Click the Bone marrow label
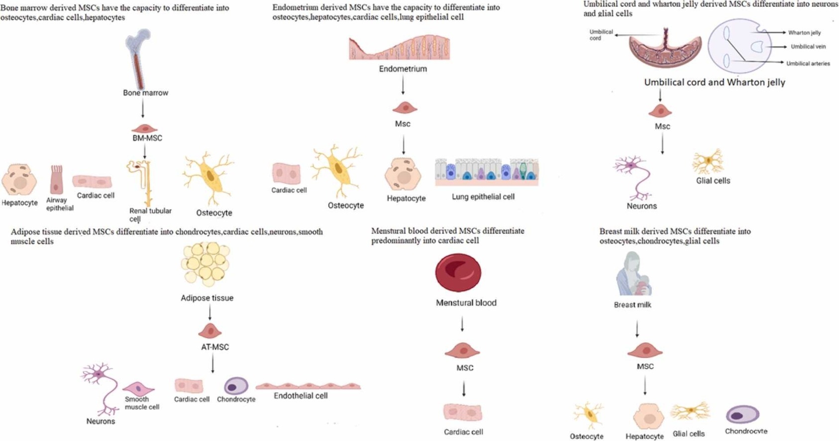[145, 93]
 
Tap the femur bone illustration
[137, 57]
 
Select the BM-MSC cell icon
[144, 128]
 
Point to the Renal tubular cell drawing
[141, 182]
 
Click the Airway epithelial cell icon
[56, 179]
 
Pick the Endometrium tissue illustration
[400, 48]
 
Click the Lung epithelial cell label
[483, 197]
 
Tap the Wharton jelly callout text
[804, 33]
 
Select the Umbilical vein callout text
[808, 47]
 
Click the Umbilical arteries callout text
[808, 64]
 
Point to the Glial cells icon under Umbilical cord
[708, 161]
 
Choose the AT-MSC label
[215, 347]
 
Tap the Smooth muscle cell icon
[138, 388]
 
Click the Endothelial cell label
[301, 396]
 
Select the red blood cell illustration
[458, 272]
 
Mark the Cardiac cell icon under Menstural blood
[463, 412]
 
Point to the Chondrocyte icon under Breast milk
[742, 414]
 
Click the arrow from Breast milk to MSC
[637, 329]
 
